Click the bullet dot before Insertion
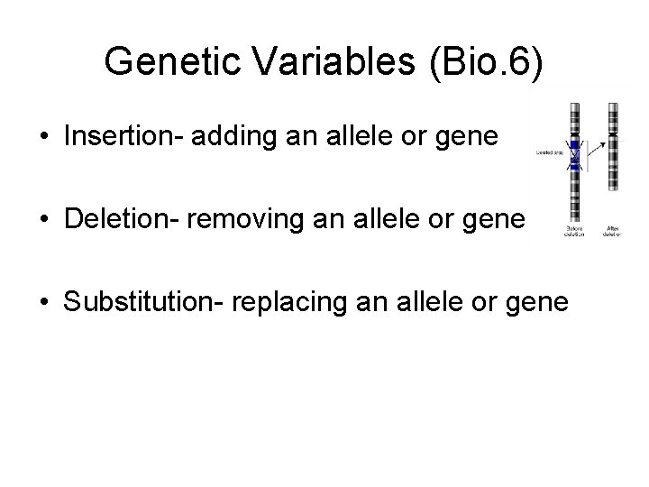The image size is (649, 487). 44,138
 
